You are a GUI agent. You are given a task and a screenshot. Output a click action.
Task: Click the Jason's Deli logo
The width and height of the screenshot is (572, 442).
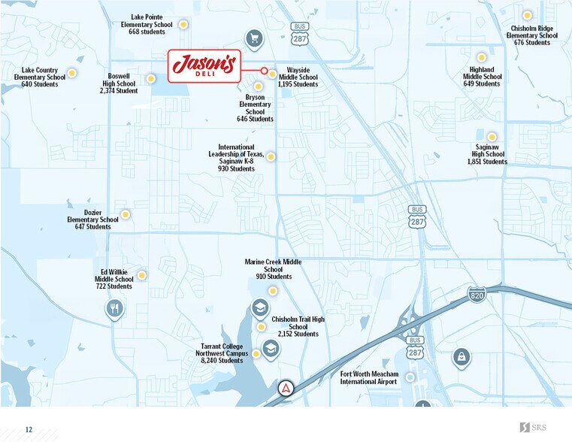click(204, 65)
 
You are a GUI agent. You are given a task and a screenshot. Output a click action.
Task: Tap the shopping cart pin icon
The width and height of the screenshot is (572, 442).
click(254, 38)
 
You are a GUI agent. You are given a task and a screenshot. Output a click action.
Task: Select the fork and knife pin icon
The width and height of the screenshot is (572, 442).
click(115, 307)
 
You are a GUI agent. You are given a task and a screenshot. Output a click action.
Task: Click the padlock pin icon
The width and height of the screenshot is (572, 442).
click(462, 357)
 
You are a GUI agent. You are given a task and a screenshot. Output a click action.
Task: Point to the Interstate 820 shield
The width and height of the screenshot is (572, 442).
click(476, 294)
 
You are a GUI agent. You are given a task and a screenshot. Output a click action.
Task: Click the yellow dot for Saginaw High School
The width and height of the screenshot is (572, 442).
click(492, 137)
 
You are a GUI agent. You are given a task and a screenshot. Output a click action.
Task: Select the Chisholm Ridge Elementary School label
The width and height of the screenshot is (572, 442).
click(531, 35)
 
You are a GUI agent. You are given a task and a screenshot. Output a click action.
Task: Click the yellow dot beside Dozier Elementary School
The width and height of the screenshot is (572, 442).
click(126, 214)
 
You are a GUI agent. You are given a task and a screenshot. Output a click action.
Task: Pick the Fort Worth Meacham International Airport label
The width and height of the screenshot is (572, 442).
click(368, 377)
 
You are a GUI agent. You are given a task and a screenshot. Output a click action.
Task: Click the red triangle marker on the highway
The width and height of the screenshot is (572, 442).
click(286, 389)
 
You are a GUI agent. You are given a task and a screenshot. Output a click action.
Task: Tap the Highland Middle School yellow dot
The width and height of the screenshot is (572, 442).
click(482, 57)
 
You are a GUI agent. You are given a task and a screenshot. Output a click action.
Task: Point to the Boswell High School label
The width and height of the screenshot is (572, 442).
click(118, 83)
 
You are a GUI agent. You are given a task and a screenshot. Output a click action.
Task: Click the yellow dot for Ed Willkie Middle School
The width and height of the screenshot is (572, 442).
click(141, 275)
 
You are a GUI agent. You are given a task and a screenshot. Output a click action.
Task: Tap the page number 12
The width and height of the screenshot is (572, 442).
click(29, 429)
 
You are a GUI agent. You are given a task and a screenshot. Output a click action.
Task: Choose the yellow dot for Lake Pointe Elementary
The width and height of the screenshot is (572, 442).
click(183, 24)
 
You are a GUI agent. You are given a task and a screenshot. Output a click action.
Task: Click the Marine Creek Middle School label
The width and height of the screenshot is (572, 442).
click(273, 269)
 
